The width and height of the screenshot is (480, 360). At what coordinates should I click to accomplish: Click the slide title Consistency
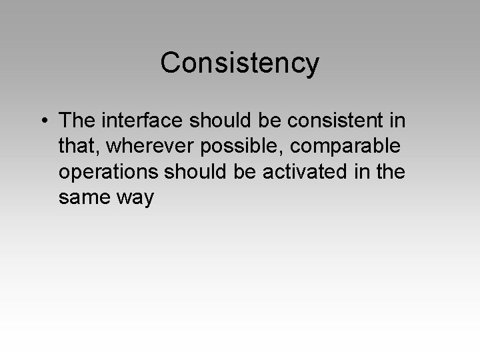pos(240,63)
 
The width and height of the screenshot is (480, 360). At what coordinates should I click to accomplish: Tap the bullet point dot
pos(43,121)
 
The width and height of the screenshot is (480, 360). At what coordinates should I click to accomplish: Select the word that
pos(75,147)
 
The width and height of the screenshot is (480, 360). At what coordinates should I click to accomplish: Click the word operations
pos(108,172)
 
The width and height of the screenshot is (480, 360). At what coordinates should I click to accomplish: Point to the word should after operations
pos(199,172)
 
